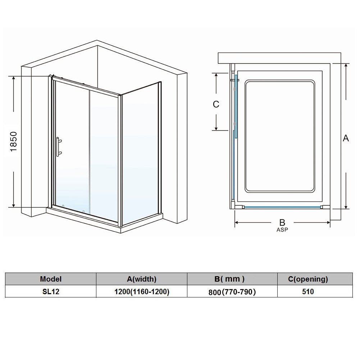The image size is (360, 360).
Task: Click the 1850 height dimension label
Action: tap(14, 141)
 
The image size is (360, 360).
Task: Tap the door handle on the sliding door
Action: tap(59, 147)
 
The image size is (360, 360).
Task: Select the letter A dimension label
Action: tap(346, 138)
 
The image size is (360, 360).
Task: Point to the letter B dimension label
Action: tap(282, 222)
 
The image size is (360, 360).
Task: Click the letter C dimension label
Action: tap(216, 104)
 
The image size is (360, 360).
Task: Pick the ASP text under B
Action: tap(282, 229)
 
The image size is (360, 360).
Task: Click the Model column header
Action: tap(51, 279)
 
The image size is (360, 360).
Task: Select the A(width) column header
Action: tap(142, 279)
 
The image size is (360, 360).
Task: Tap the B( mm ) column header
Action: tap(229, 279)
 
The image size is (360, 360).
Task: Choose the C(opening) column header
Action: tap(308, 279)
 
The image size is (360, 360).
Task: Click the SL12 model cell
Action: tap(51, 292)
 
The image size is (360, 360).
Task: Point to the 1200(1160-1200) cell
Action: tap(142, 292)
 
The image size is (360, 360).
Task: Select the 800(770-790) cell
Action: tap(232, 292)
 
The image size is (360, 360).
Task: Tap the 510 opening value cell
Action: tap(308, 292)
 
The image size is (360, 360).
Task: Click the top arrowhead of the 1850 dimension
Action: tap(14, 78)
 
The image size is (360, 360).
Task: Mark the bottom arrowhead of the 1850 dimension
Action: tap(14, 205)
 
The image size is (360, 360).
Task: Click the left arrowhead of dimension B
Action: tap(237, 223)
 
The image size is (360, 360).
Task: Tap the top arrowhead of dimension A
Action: tap(346, 66)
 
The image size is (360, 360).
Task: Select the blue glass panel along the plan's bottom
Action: tap(282, 207)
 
